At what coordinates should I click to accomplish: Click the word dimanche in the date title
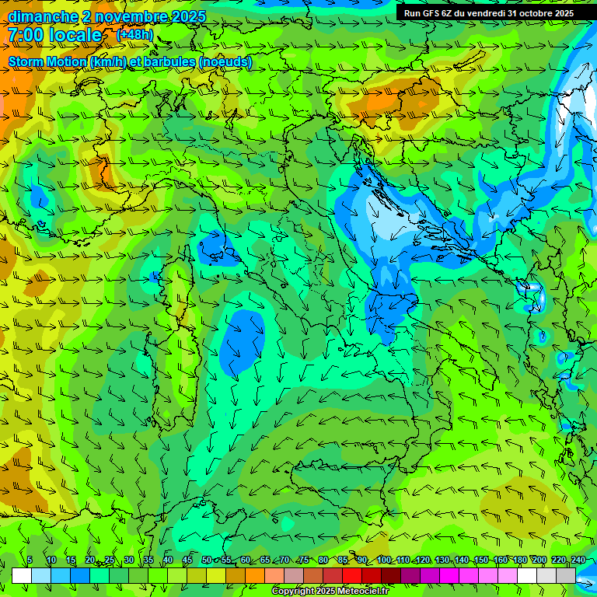pyautogui.click(x=43, y=16)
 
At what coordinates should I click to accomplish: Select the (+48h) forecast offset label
pyautogui.click(x=134, y=35)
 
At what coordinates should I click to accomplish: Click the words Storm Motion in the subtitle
pyautogui.click(x=47, y=61)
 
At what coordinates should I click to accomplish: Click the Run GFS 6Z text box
pyautogui.click(x=488, y=12)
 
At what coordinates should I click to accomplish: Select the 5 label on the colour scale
pyautogui.click(x=29, y=560)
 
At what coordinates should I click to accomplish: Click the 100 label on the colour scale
pyautogui.click(x=383, y=560)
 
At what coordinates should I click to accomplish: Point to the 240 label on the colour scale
pyautogui.click(x=578, y=560)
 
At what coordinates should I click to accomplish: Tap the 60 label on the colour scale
pyautogui.click(x=246, y=560)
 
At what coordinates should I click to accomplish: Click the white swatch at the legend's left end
pyautogui.click(x=22, y=575)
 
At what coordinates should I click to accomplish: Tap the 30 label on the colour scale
pyautogui.click(x=129, y=560)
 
